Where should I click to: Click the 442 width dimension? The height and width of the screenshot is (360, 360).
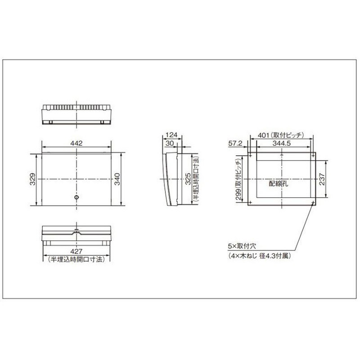[76, 143]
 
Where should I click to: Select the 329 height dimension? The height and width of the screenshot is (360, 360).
[33, 179]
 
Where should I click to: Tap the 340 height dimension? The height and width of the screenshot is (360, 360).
[117, 179]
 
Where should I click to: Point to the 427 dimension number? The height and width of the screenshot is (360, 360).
[76, 252]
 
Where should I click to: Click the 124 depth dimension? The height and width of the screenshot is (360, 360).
[171, 135]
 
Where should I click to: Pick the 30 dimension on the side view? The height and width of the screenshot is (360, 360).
[170, 143]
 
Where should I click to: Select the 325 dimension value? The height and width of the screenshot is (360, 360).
[188, 179]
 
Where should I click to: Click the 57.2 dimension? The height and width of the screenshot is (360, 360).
[235, 143]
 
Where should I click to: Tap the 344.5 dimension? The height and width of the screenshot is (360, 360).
[282, 143]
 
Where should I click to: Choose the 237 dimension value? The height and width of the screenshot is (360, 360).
[322, 179]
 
